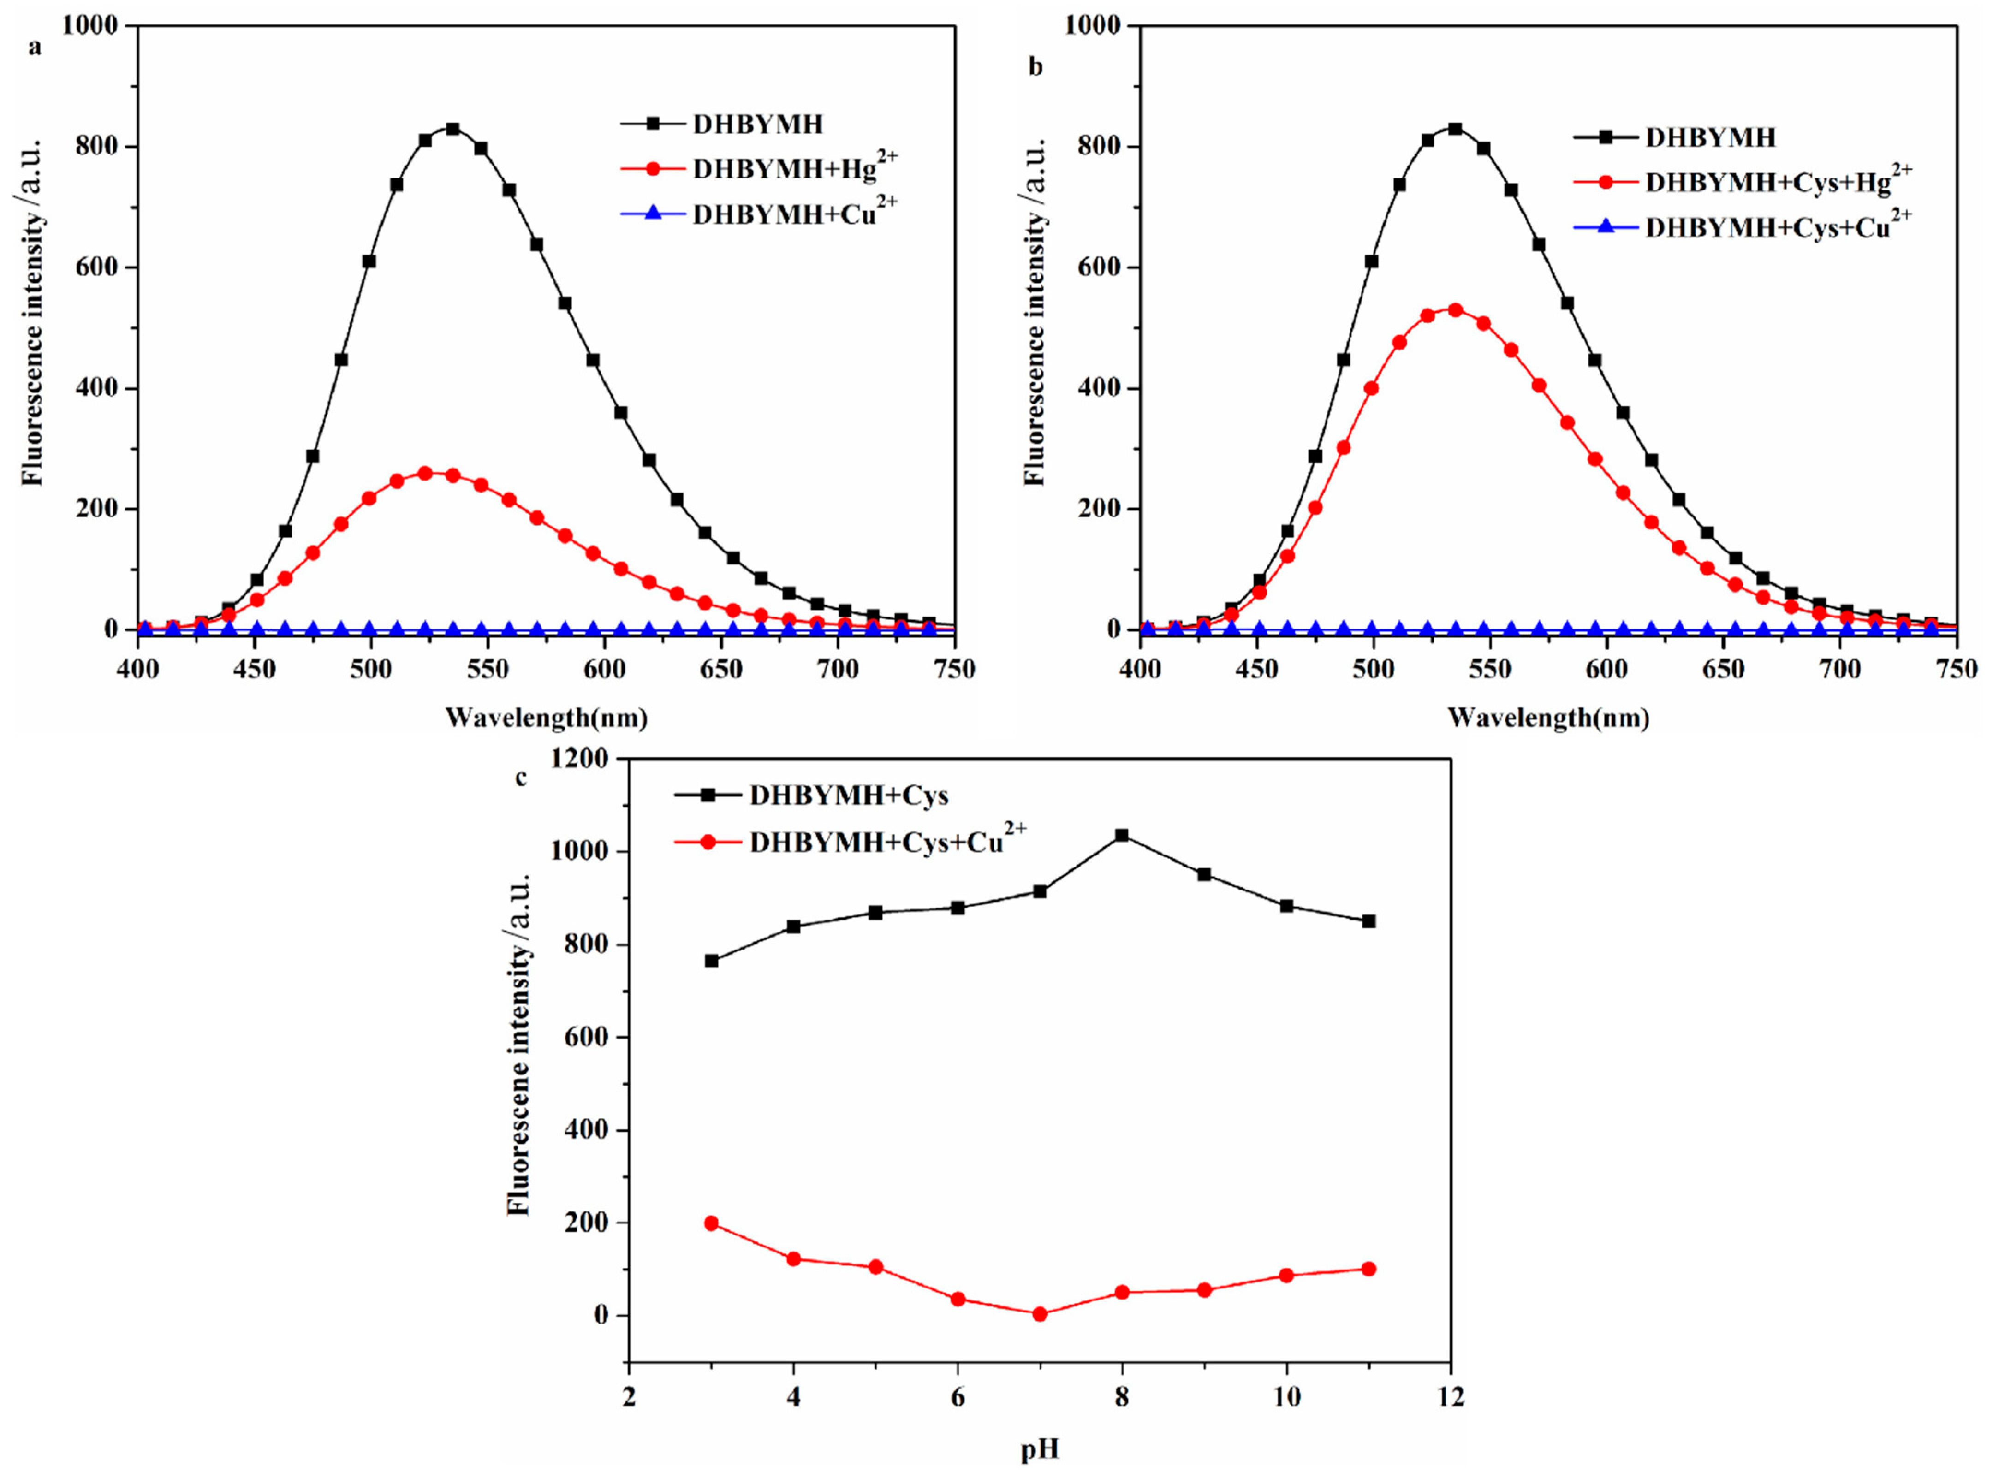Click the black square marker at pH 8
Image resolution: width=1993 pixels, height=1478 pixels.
[1121, 836]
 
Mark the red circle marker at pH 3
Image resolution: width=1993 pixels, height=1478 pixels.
[712, 1223]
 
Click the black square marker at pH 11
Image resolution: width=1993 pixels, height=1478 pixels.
[1368, 920]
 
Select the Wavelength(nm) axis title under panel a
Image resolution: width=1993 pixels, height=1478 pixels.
[546, 718]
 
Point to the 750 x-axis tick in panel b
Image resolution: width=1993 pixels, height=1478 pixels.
[1957, 669]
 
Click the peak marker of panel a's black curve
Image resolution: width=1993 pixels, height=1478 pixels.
[453, 129]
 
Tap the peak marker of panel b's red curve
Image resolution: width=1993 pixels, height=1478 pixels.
[1455, 309]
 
